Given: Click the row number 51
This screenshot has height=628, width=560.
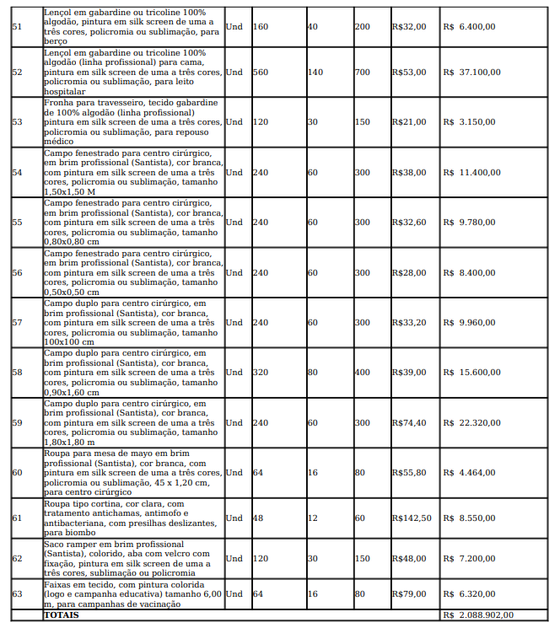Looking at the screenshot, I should [17, 27].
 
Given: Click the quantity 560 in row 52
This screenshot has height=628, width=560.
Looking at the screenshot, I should [260, 72].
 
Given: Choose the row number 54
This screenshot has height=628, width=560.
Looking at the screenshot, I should [17, 173].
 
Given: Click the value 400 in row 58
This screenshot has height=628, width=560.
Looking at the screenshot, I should [362, 373].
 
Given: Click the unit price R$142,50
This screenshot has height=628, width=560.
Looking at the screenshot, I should [412, 518].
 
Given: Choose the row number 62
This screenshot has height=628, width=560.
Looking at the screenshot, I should [17, 559].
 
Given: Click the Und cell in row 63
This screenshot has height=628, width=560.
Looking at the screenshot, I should [234, 594].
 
